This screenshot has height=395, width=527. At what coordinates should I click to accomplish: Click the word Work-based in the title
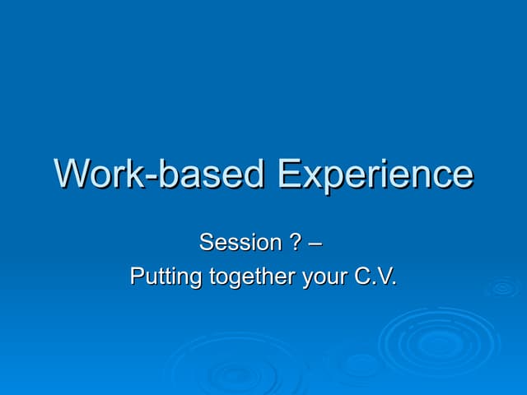[161, 174]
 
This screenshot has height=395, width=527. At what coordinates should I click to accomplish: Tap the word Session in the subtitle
[240, 243]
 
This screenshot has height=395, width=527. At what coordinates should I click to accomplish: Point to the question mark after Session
[295, 243]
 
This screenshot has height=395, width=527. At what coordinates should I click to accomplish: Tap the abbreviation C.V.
[375, 276]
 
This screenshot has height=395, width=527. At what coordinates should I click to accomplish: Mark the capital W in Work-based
[74, 174]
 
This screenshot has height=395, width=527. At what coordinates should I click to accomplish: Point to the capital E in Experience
[289, 174]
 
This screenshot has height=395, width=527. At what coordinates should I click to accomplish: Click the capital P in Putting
[138, 276]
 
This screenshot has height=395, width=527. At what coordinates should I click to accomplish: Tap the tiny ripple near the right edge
[501, 287]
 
